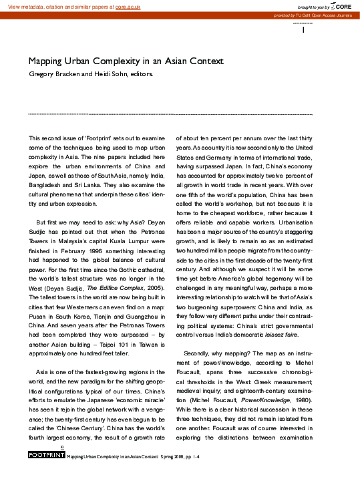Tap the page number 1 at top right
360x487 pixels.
pos(304,30)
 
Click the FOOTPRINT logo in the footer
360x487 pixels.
pos(46,456)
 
